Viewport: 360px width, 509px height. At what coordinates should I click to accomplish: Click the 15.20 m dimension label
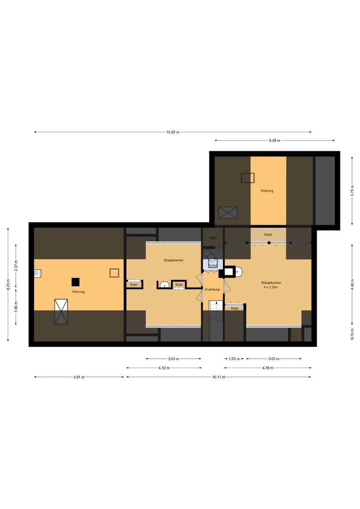coord(172,132)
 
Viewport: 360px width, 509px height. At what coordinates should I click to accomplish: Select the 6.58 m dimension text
coord(275,140)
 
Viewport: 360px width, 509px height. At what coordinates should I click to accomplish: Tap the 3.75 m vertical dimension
coord(352,191)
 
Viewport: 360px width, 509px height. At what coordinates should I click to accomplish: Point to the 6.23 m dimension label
coord(8,285)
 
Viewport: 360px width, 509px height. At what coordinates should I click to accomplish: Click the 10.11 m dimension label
coord(219,377)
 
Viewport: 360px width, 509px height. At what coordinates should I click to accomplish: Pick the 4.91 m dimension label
coord(79,377)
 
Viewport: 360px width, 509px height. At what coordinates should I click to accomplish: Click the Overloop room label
coord(212,289)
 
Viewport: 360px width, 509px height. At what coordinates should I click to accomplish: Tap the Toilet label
coord(213,265)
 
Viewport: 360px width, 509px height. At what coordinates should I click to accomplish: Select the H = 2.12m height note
coord(271,287)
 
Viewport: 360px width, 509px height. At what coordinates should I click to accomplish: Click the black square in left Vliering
coord(76,282)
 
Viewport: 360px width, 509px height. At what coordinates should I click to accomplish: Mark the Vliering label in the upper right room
coord(267,191)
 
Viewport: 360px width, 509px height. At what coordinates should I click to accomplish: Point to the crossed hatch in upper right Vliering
coord(228,213)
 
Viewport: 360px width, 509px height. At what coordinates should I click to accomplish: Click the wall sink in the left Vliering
coord(38,273)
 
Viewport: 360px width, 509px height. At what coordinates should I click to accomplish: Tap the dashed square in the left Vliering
coord(114,273)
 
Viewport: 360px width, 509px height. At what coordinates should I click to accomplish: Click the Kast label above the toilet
coord(213,238)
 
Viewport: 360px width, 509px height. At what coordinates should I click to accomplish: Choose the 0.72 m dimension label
coord(352,334)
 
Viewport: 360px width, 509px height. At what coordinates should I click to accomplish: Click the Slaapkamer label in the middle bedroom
coord(174,260)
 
